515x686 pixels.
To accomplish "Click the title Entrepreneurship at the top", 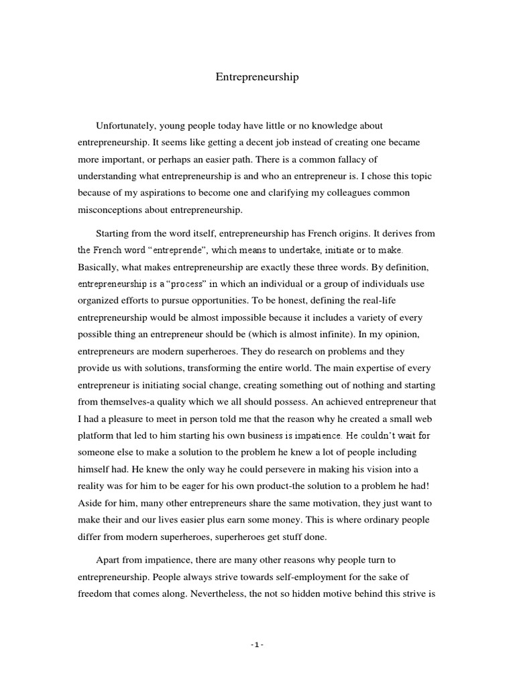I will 257,77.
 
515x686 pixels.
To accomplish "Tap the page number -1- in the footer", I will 257,644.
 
